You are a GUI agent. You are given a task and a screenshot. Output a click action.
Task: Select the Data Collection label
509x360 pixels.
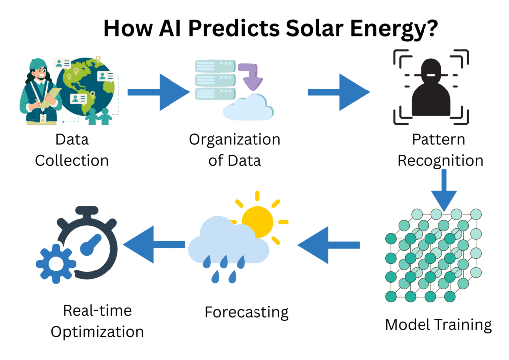72,150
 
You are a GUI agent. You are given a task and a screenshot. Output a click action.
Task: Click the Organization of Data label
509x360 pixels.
235,150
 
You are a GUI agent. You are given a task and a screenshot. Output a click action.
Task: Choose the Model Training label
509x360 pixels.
438,325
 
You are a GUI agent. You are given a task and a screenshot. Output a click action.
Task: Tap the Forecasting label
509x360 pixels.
247,312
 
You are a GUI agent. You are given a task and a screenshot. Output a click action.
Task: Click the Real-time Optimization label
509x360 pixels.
97,321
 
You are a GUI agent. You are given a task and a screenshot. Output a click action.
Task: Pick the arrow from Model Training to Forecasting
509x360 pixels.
329,244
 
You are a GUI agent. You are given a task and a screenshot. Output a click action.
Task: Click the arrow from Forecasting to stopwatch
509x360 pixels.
154,244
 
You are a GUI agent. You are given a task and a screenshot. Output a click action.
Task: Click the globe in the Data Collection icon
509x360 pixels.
87,87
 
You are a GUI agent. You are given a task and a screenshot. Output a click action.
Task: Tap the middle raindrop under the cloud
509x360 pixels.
225,263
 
